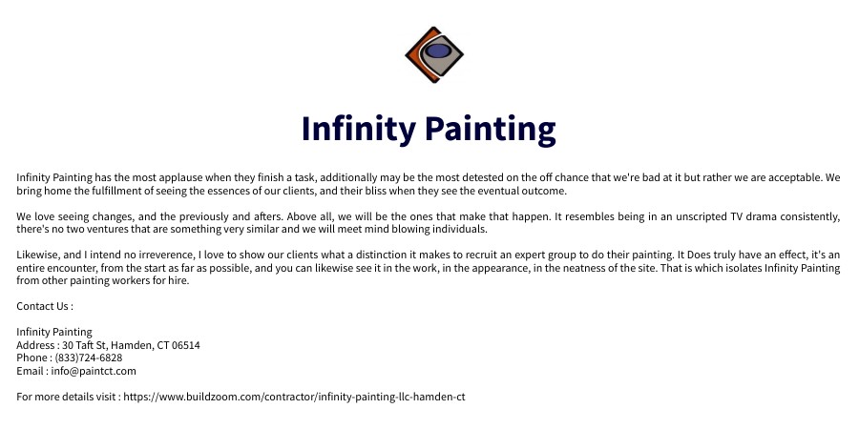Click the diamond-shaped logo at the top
click(x=434, y=54)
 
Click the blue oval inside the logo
click(x=438, y=51)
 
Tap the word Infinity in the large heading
click(x=359, y=129)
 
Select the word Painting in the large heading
click(x=491, y=129)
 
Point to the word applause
click(x=168, y=178)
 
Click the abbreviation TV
click(x=737, y=216)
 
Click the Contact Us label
click(x=45, y=306)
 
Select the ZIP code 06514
click(x=186, y=345)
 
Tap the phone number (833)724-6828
click(x=89, y=357)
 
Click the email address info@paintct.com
click(x=94, y=371)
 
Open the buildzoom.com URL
click(x=294, y=397)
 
